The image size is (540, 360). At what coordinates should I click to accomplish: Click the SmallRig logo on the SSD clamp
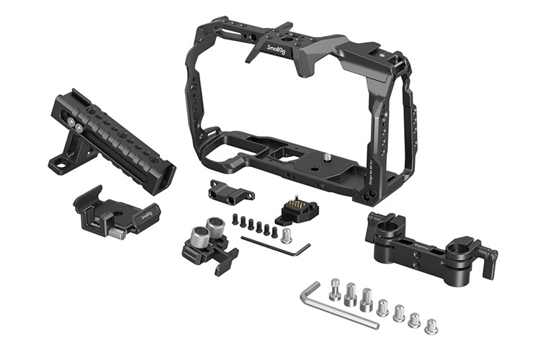(x=146, y=214)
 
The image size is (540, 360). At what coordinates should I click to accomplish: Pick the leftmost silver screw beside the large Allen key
(x=335, y=289)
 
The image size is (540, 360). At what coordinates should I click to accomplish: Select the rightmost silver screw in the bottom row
(x=431, y=326)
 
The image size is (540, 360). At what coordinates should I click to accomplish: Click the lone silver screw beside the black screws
(x=288, y=235)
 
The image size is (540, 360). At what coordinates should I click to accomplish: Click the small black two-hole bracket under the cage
(x=230, y=191)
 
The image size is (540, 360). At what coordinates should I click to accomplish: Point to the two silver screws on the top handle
(x=75, y=125)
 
